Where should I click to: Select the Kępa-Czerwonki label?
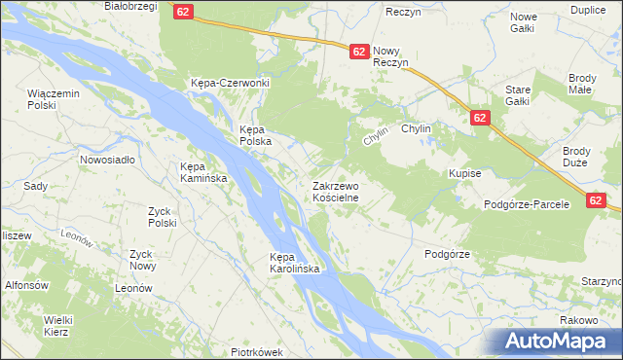(230, 83)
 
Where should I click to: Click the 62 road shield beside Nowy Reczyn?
(358, 52)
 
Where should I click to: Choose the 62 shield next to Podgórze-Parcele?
(599, 199)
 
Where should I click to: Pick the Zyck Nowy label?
(142, 260)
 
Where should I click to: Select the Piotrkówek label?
(256, 352)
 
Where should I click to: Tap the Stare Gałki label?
(517, 95)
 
